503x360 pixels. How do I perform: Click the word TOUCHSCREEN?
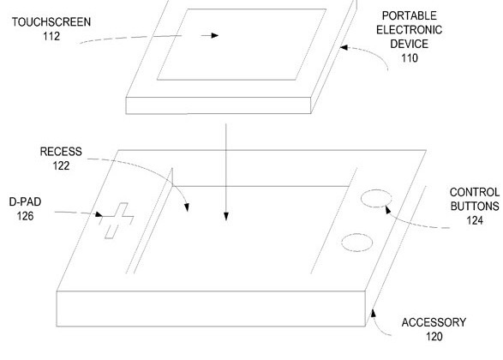pos(51,21)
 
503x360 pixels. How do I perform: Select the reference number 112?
pos(51,36)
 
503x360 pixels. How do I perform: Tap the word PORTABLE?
pos(409,15)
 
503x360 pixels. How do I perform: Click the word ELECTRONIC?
pos(409,29)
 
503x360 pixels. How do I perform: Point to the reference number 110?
pos(410,57)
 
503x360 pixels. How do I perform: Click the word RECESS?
pos(61,152)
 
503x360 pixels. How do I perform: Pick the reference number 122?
pos(61,165)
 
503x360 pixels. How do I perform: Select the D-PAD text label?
pos(25,201)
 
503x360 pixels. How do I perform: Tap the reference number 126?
pos(25,216)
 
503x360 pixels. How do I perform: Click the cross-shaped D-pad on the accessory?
pos(117,220)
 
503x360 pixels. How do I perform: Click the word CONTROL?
pos(475,192)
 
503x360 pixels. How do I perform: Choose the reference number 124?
pos(475,220)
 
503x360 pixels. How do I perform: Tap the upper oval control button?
pos(376,198)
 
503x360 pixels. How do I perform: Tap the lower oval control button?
pos(356,243)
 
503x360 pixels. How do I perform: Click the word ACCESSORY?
pos(434,322)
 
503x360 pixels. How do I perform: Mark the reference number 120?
pos(434,336)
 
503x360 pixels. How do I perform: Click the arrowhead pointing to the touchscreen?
pos(215,35)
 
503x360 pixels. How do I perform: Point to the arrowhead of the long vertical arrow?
pos(226,217)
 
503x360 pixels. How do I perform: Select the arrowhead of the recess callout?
pos(187,207)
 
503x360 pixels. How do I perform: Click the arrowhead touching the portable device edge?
pos(344,47)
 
